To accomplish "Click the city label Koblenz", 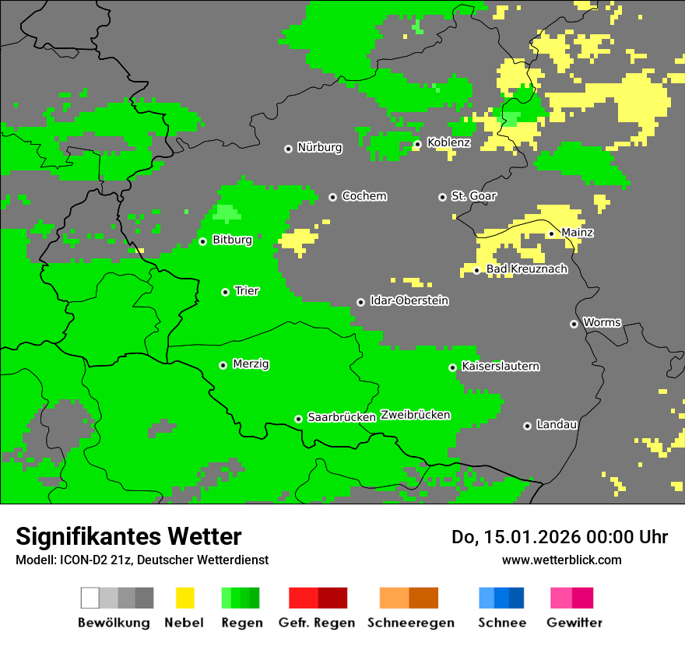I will pos(448,142).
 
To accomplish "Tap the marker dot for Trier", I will pos(225,292).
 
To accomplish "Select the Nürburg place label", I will pos(319,147).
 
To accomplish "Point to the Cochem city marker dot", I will pos(332,197).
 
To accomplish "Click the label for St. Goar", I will pos(473,196).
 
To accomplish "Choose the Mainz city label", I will pos(577,233).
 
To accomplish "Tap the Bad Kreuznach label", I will pos(526,269).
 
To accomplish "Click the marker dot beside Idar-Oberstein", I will pos(360,302).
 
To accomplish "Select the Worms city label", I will pos(602,322).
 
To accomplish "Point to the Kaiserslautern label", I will pos(500,366).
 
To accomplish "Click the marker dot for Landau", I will pos(527,426).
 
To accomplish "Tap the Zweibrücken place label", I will pos(415,415).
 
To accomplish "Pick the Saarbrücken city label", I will pos(341,417).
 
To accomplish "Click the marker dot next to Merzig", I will pos(223,365).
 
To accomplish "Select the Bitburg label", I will pos(232,240).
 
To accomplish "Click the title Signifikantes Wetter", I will pos(128,536).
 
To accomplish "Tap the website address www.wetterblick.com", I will pos(561,560).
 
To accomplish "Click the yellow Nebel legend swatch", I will pos(184,598).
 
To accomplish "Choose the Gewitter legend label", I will pos(574,623).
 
